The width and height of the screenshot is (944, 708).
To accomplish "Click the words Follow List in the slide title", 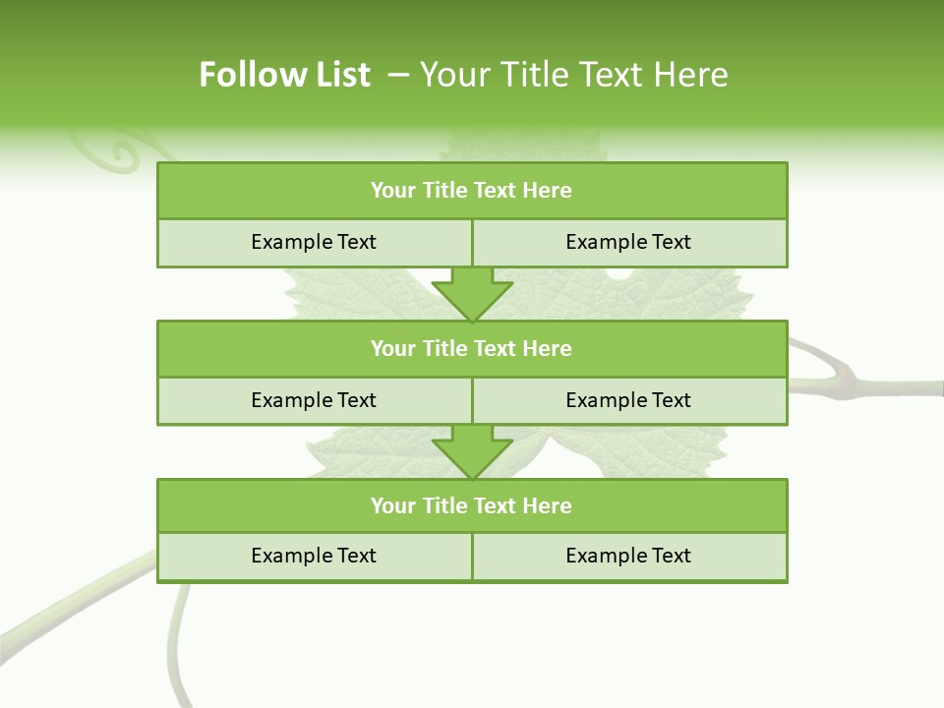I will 284,75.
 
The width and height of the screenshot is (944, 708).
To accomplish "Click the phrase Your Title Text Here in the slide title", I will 573,75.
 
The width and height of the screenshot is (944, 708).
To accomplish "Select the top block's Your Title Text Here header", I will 471,191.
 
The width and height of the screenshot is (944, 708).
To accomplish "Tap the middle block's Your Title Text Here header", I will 471,348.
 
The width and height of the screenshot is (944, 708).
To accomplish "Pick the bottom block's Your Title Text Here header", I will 471,505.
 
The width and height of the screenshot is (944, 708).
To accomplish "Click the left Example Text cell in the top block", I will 314,242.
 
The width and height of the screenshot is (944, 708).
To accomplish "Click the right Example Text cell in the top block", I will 628,242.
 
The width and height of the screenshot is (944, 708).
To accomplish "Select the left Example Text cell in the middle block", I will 314,400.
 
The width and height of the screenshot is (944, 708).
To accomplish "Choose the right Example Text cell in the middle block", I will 628,400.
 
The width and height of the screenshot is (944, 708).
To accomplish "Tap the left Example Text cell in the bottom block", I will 314,556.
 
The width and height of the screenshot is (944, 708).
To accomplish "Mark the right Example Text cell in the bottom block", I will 628,556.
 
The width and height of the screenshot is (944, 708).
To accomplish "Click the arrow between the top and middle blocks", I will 472,294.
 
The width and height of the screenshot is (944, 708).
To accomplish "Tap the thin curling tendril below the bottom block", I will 175,639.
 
